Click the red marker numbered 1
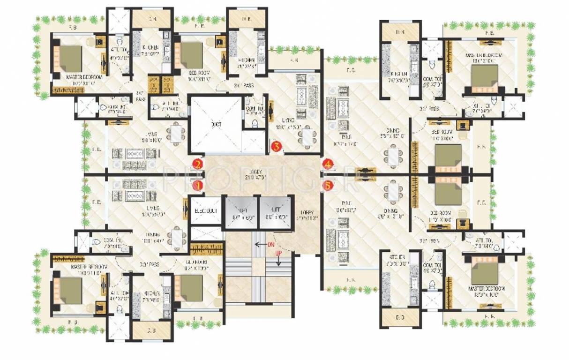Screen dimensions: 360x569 point(198,186)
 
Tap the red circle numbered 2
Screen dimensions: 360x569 point(198,164)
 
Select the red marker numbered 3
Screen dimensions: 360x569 point(277,146)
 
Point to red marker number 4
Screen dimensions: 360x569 point(328,164)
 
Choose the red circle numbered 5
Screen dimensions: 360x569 point(328,186)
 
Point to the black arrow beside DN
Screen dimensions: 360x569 point(258,244)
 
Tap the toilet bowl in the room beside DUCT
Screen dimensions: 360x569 point(255,123)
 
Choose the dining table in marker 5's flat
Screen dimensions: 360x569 point(391,192)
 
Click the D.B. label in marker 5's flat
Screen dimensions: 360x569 point(400,318)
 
